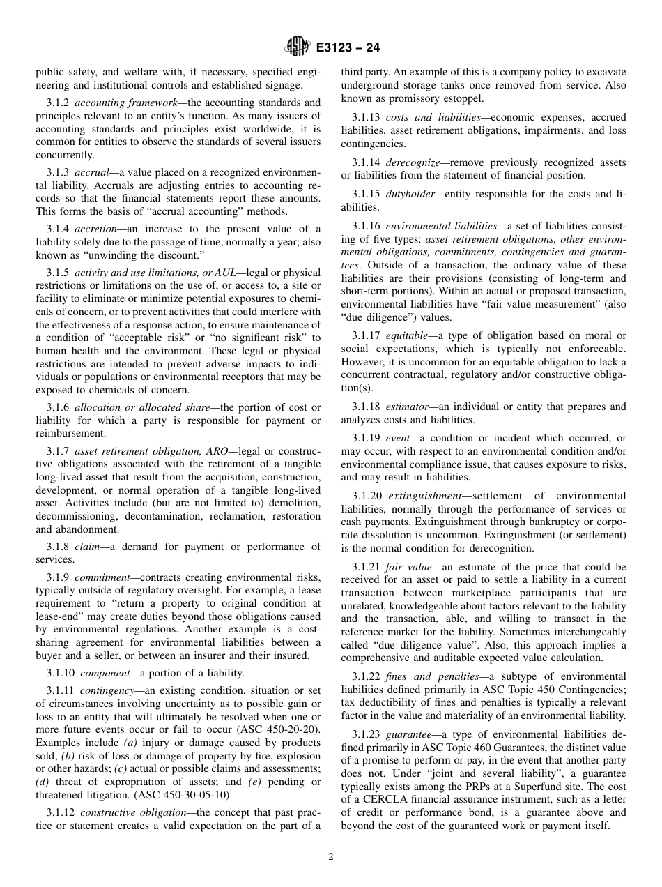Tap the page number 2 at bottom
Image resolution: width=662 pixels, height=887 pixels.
[x=331, y=857]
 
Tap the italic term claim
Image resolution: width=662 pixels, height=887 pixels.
[x=86, y=547]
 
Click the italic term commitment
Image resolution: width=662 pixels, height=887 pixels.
[x=102, y=578]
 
